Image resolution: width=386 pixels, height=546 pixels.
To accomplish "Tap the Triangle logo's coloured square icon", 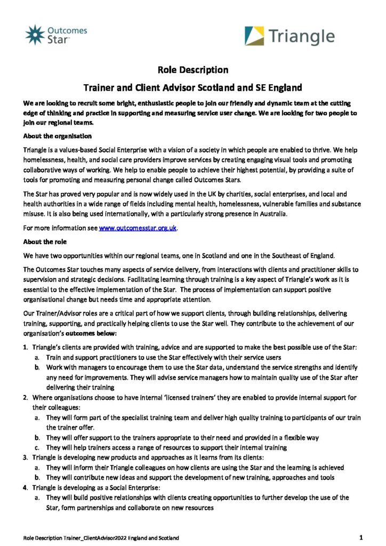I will tap(255, 36).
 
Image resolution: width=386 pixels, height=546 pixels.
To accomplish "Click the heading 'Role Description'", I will tap(193, 70).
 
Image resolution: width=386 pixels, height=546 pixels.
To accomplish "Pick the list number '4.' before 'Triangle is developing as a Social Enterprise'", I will tap(25, 487).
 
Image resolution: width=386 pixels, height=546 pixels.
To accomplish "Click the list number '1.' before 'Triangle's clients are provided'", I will tap(25, 348).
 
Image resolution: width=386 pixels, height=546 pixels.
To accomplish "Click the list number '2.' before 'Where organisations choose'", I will tap(25, 397).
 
